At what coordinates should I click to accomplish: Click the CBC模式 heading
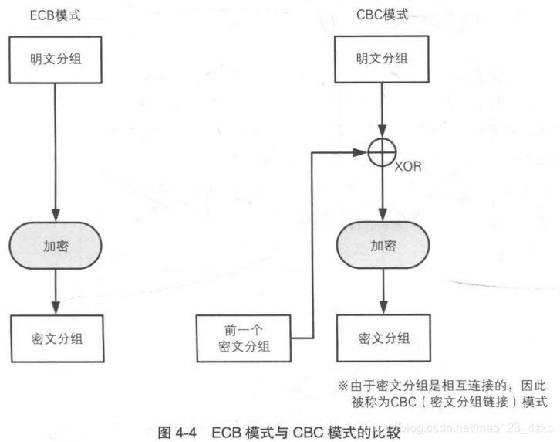coord(383,15)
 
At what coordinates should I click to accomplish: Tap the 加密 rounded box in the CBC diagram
coord(383,246)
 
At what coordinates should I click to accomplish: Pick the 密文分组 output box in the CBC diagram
coord(383,338)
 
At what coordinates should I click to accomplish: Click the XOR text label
coord(408,167)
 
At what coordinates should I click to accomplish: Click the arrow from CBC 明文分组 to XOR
coord(383,108)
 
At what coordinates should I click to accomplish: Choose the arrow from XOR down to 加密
coord(383,193)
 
